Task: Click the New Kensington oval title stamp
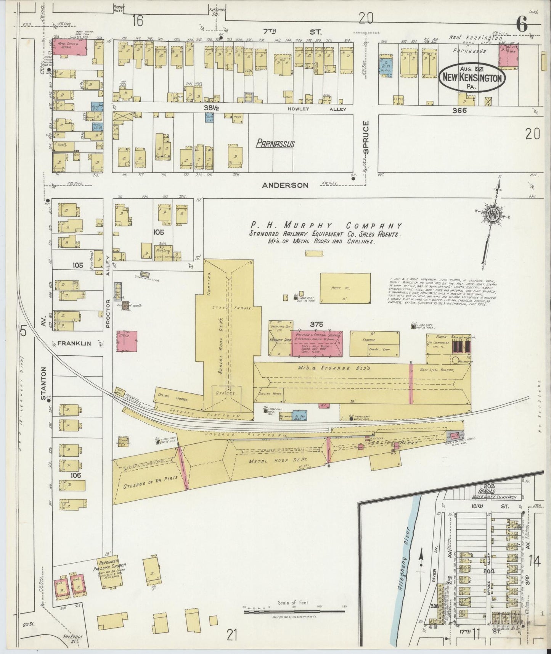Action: click(472, 77)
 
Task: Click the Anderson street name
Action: click(285, 185)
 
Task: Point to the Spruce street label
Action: click(366, 137)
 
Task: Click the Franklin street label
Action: click(75, 343)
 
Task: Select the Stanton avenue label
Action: click(43, 383)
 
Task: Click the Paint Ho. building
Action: click(345, 288)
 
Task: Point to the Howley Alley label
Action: click(317, 109)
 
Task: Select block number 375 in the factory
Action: click(316, 324)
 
